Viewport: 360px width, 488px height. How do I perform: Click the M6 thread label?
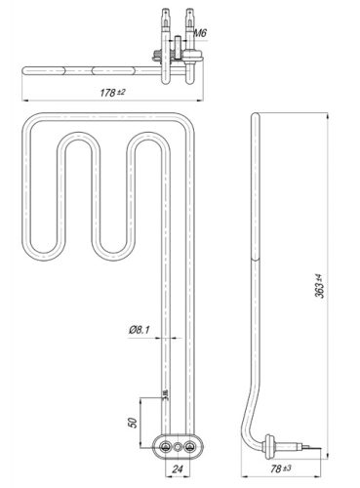[199, 34]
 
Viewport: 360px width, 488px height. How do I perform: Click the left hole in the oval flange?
[163, 446]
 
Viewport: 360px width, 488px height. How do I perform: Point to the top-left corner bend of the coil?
[30, 123]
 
